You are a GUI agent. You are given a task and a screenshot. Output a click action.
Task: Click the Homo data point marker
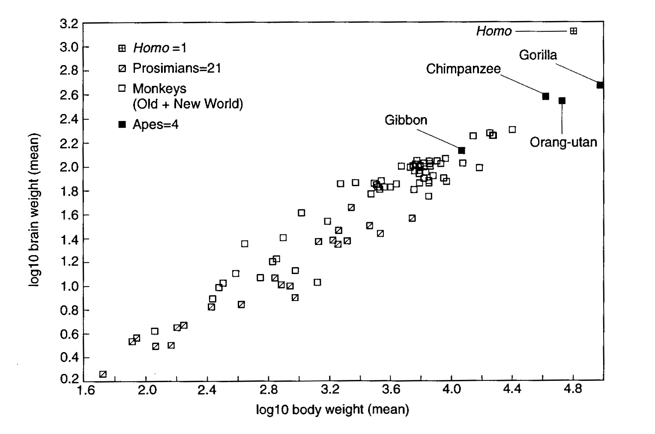pyautogui.click(x=573, y=31)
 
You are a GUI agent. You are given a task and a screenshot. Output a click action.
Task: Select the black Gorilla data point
pyautogui.click(x=600, y=85)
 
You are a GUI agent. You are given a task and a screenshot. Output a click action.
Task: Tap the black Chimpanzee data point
pyautogui.click(x=545, y=96)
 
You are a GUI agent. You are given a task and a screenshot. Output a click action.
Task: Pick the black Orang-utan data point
pyautogui.click(x=562, y=101)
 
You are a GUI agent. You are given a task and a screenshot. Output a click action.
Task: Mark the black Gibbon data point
pyautogui.click(x=461, y=151)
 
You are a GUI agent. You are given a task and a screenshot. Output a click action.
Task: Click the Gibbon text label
pyautogui.click(x=406, y=120)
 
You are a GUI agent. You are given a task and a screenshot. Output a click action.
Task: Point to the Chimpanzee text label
pyautogui.click(x=463, y=69)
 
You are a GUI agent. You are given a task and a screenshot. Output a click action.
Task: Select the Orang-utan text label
pyautogui.click(x=563, y=142)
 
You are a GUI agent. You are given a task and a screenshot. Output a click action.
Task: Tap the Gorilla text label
pyautogui.click(x=538, y=55)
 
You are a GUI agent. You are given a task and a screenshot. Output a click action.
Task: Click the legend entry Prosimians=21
pyautogui.click(x=176, y=68)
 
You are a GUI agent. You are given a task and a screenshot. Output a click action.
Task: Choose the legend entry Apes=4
pyautogui.click(x=155, y=124)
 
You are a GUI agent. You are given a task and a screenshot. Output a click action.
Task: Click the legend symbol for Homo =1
pyautogui.click(x=122, y=48)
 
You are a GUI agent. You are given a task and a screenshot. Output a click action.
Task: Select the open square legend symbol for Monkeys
pyautogui.click(x=122, y=88)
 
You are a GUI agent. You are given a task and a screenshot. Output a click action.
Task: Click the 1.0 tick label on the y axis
pyautogui.click(x=69, y=286)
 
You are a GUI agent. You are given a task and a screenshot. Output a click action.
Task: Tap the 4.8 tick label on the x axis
pyautogui.click(x=573, y=390)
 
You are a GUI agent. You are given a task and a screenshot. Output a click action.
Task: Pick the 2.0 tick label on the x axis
pyautogui.click(x=147, y=390)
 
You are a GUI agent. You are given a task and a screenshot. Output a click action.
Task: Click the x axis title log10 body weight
pyautogui.click(x=332, y=410)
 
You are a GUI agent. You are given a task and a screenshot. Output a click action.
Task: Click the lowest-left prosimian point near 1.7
pyautogui.click(x=103, y=374)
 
